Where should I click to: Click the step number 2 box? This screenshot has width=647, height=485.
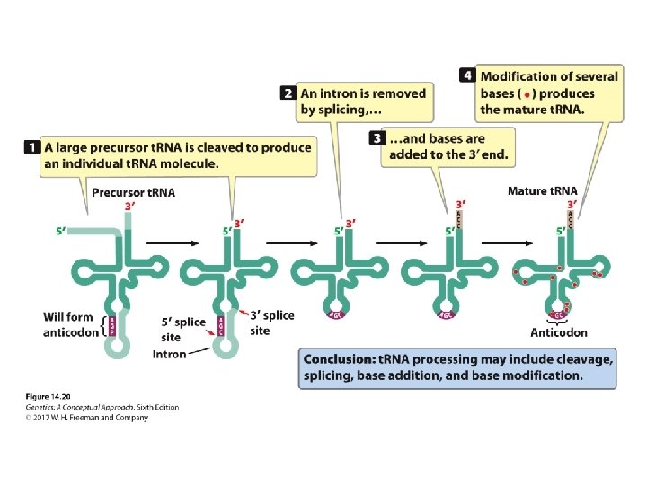(288, 93)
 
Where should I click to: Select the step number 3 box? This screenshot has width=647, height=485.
(377, 138)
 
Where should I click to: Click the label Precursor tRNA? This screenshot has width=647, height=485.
(133, 192)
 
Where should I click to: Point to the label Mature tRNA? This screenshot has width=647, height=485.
(542, 191)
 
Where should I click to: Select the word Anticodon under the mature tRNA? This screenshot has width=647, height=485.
(559, 331)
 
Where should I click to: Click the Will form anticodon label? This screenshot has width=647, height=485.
(68, 324)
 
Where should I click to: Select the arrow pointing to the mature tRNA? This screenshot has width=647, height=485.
(513, 242)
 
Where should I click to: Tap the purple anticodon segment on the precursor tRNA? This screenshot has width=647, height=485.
(112, 325)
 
